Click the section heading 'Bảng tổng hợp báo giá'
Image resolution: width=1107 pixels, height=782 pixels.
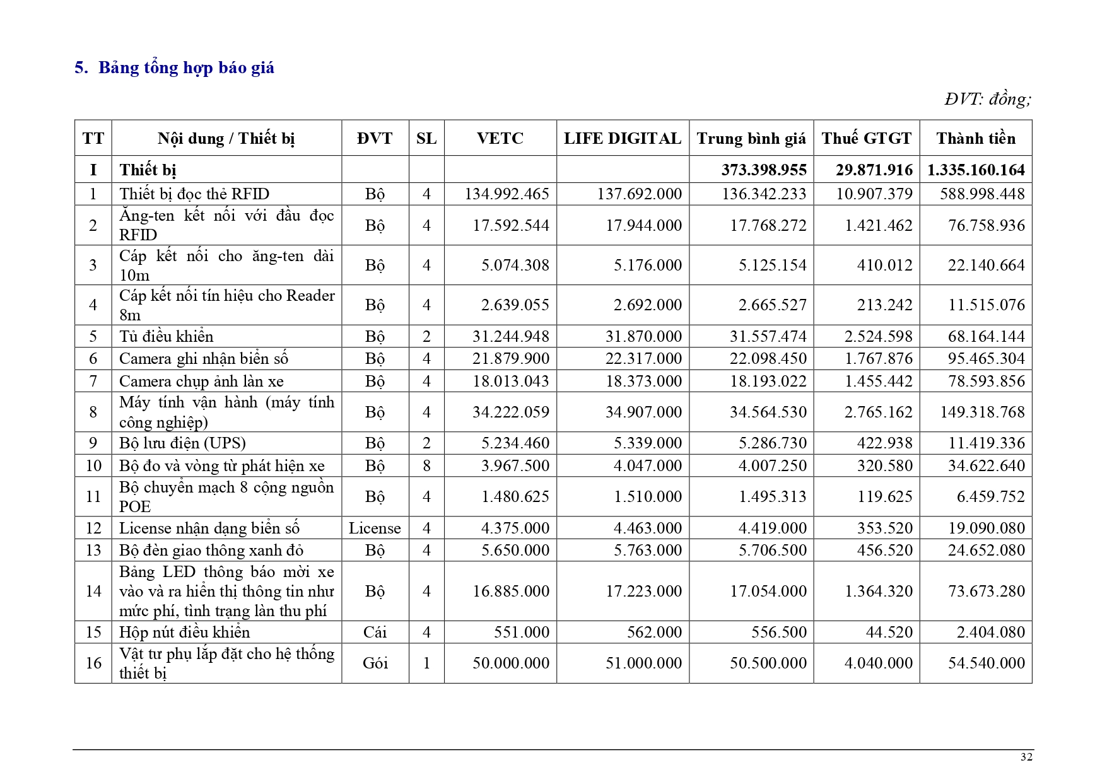coord(186,68)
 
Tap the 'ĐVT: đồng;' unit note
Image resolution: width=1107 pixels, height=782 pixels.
coord(987,99)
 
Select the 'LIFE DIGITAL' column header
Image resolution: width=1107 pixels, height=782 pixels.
coord(622,139)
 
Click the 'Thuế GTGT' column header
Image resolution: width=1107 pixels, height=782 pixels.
coord(866,139)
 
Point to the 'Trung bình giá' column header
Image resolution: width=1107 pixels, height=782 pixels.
coord(751,139)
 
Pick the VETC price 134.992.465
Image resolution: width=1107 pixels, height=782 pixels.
coord(507,194)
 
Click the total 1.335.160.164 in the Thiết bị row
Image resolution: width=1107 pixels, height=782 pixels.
coord(976,170)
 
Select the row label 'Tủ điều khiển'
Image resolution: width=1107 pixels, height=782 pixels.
coord(167,336)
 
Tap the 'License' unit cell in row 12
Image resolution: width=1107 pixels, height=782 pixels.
coord(375,528)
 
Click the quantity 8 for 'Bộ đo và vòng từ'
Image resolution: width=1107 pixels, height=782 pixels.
coord(426,466)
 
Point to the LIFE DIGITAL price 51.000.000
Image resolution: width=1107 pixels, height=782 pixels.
coord(643,663)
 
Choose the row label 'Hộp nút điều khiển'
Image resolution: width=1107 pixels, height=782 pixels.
coord(184,633)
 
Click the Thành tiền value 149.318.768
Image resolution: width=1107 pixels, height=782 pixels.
coord(982,412)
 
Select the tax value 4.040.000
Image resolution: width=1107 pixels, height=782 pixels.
coord(878,663)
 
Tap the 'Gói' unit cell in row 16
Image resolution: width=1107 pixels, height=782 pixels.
coord(375,663)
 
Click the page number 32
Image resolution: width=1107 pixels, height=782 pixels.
coord(1026,757)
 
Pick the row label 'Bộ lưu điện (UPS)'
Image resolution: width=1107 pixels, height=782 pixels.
coord(182,443)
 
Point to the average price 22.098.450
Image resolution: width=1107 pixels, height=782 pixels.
coord(768,359)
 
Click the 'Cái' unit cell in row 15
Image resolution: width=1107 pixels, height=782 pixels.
coord(375,633)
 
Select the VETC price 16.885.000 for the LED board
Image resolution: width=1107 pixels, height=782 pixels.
coord(511,592)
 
